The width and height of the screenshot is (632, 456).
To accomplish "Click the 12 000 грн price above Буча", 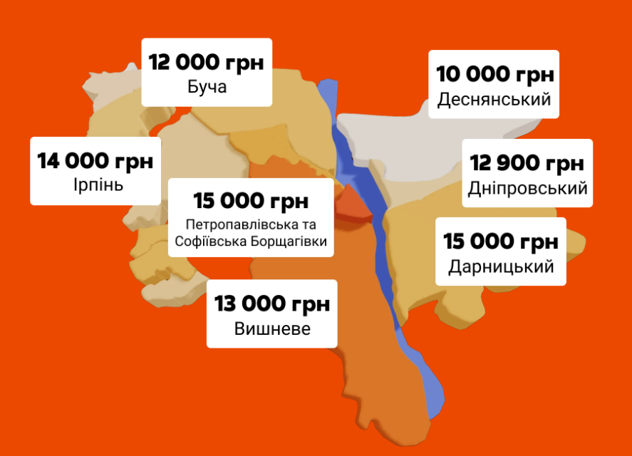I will click(207, 62).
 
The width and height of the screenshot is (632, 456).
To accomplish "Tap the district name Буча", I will click(207, 88).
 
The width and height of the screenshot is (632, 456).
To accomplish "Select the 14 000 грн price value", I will click(95, 161).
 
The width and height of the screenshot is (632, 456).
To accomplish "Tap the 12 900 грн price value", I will click(527, 164).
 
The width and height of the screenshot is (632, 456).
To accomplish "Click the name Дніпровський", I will click(528, 189).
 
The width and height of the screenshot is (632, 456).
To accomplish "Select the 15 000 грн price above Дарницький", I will click(501, 242).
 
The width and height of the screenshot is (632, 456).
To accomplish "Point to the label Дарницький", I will click(501, 267).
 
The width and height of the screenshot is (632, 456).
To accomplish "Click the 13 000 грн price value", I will click(272, 304).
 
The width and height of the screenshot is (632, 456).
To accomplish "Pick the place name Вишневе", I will click(272, 329).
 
